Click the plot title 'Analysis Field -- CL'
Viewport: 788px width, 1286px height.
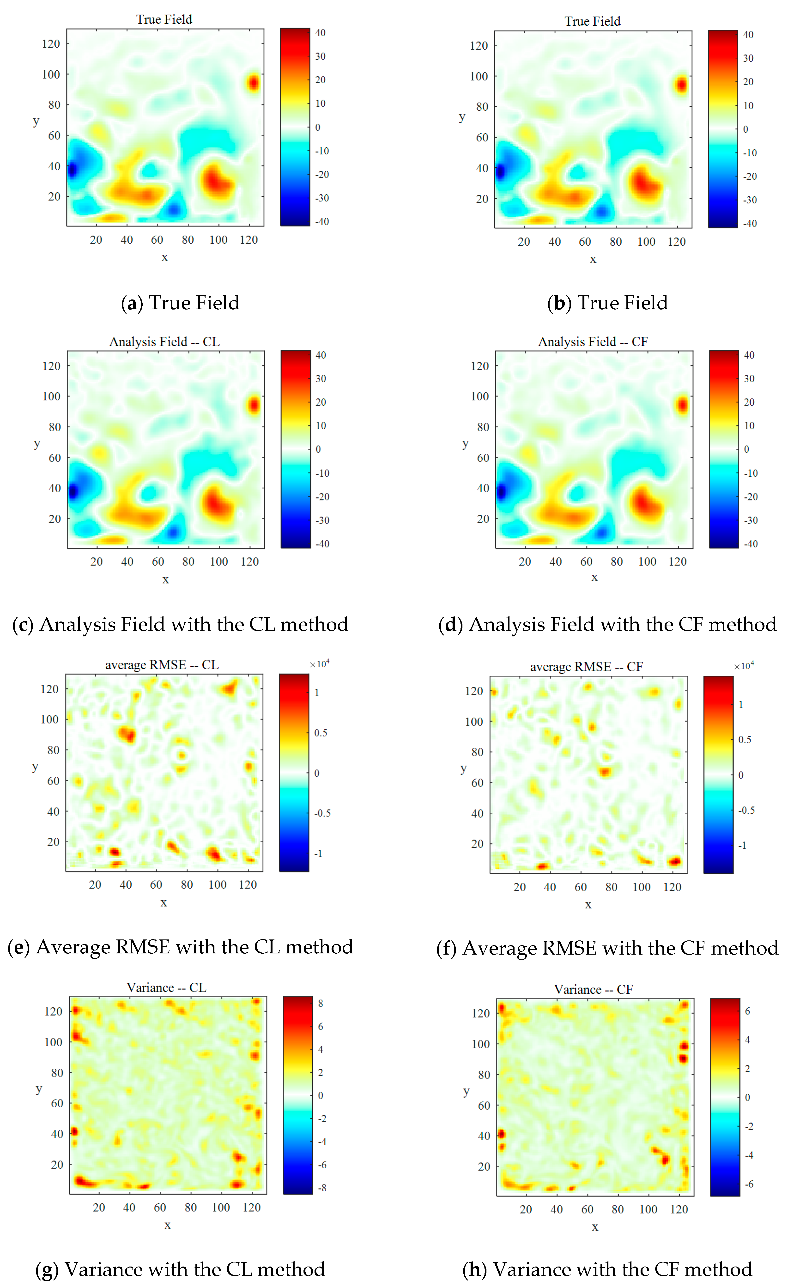(164, 342)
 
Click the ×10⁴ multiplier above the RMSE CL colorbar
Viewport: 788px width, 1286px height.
(319, 664)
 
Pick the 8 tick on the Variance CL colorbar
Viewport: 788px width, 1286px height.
(321, 1003)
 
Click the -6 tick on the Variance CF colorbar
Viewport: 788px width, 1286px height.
(749, 1184)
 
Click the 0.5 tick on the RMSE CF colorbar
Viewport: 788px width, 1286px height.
(745, 740)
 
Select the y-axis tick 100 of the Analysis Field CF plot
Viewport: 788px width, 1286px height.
(480, 397)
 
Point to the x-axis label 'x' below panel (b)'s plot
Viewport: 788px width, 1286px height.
(593, 259)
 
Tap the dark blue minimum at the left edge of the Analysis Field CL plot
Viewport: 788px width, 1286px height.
(73, 491)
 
